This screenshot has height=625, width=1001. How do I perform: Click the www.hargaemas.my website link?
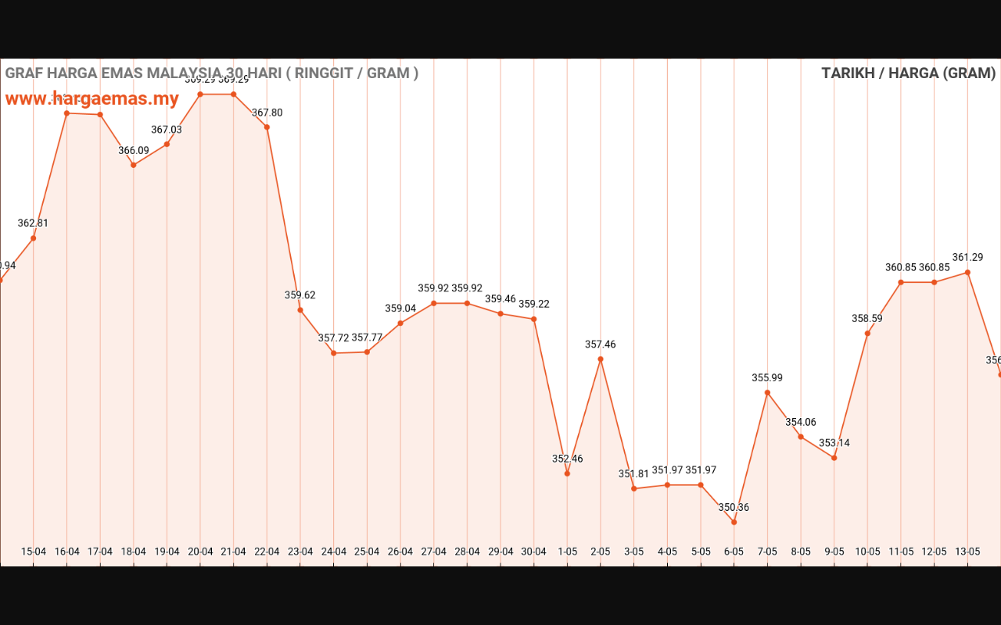[x=92, y=99]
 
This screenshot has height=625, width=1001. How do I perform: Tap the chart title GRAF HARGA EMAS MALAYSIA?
[x=211, y=73]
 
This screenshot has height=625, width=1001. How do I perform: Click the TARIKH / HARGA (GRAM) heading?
[x=908, y=73]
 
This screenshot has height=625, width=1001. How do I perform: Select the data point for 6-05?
[x=734, y=522]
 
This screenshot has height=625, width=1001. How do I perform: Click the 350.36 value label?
[x=734, y=508]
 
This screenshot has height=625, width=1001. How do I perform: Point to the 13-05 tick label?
[x=967, y=552]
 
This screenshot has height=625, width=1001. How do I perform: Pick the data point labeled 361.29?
[x=967, y=273]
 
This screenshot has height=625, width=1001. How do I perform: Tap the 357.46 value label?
[x=601, y=345]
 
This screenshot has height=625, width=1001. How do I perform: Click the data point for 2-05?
[x=601, y=359]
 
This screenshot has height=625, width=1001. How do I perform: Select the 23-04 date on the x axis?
[x=300, y=552]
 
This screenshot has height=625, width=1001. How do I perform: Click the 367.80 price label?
[x=267, y=113]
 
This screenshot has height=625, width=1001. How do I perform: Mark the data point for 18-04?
[x=134, y=165]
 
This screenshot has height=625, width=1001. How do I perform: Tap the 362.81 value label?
[x=33, y=223]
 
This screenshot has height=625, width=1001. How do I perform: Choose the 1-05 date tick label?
[x=567, y=552]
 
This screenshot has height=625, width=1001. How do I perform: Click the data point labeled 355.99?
[x=767, y=392]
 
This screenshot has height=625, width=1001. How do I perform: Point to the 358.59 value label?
[x=867, y=319]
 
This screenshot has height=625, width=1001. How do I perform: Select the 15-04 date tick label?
[x=34, y=552]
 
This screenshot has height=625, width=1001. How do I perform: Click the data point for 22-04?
[x=267, y=127]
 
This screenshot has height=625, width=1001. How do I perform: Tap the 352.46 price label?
[x=567, y=459]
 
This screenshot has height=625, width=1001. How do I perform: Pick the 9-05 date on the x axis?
[x=834, y=552]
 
